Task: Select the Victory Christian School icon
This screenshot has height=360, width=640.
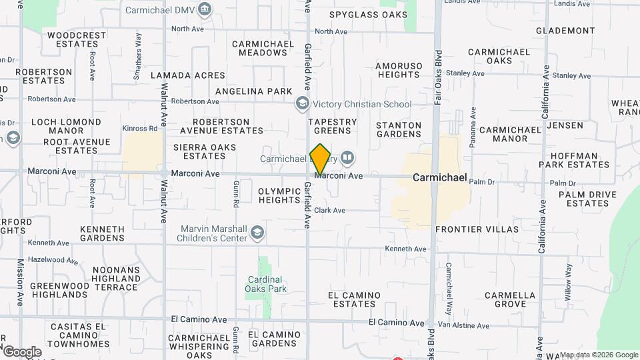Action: (302, 104)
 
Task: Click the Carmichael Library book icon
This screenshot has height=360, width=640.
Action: (347, 159)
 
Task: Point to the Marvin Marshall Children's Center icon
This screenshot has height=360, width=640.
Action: (257, 233)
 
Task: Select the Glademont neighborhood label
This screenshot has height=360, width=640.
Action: (565, 31)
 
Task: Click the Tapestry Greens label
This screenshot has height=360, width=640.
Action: (332, 126)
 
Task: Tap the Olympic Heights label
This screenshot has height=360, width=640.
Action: (279, 195)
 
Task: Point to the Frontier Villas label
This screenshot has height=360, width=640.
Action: (477, 229)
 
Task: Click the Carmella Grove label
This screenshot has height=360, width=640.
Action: (510, 299)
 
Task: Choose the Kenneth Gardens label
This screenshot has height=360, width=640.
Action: (102, 233)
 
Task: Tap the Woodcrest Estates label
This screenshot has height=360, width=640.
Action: (77, 39)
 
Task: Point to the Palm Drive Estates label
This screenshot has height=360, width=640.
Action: (583, 199)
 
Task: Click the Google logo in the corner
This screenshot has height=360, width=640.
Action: (21, 352)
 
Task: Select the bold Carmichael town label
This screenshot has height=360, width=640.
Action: (440, 178)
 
